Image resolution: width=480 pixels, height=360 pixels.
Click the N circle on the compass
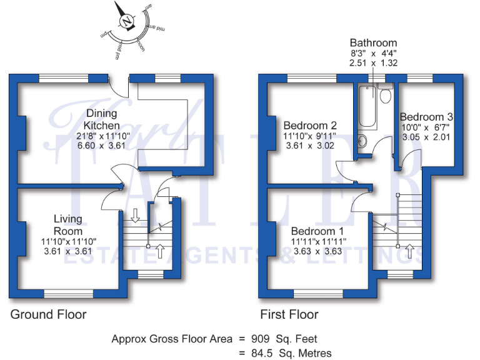(x=127, y=22)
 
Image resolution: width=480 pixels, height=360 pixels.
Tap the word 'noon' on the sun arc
(x=141, y=46)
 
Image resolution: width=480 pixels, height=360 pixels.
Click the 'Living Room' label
(x=67, y=225)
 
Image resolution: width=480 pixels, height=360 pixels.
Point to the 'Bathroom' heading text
(x=374, y=42)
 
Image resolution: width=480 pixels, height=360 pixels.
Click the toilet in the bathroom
(x=385, y=95)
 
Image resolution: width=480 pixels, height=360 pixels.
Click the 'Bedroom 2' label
(x=310, y=124)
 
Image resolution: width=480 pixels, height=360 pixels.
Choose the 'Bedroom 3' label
(x=426, y=117)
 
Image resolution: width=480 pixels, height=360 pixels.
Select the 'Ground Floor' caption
(x=48, y=314)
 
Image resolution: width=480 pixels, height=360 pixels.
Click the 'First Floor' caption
(x=289, y=314)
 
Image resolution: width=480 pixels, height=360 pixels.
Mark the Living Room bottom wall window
(x=67, y=292)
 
